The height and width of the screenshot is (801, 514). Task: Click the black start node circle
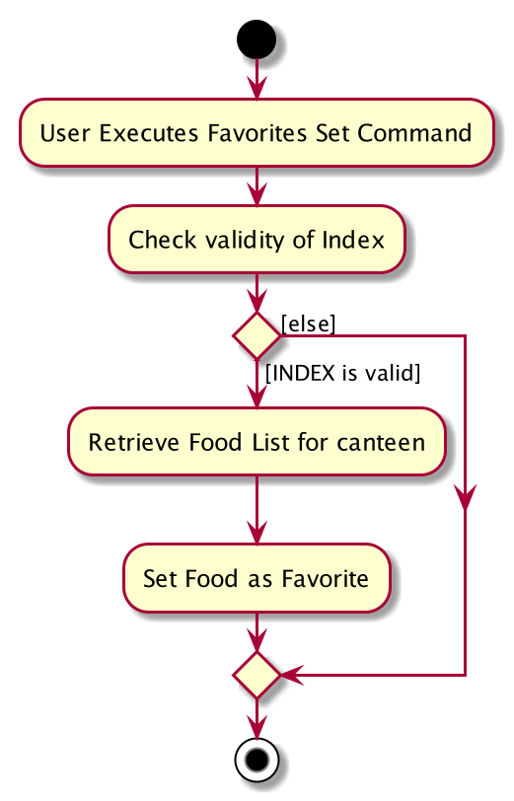[257, 39]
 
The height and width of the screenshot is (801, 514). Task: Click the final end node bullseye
[257, 760]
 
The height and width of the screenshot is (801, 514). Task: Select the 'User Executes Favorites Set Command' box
[257, 133]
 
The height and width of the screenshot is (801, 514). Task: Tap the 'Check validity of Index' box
[257, 240]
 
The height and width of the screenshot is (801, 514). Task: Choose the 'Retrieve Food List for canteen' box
[257, 442]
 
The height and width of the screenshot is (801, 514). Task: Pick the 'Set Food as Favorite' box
[257, 578]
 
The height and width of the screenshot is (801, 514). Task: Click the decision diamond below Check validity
[257, 335]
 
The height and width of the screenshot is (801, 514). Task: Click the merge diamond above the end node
[257, 675]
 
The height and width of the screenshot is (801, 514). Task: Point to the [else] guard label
[308, 324]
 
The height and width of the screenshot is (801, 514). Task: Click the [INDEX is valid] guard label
[343, 373]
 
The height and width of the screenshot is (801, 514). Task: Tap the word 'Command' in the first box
[414, 133]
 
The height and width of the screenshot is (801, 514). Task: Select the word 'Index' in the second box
[353, 240]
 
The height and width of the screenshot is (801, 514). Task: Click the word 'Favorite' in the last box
[325, 579]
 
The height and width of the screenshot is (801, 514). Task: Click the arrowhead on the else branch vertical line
[465, 498]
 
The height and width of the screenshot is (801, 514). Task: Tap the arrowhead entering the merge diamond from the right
[292, 675]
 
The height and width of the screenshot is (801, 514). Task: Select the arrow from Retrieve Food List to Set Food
[257, 510]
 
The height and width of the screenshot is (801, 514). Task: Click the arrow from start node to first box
[257, 79]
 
